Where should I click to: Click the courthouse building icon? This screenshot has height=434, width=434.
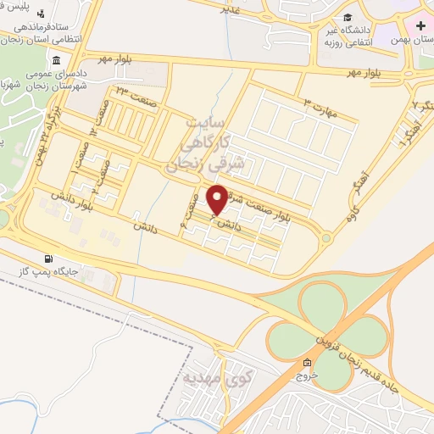pyautogui.click(x=56, y=60)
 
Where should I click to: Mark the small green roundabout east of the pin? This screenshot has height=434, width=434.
pyautogui.click(x=326, y=239)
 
